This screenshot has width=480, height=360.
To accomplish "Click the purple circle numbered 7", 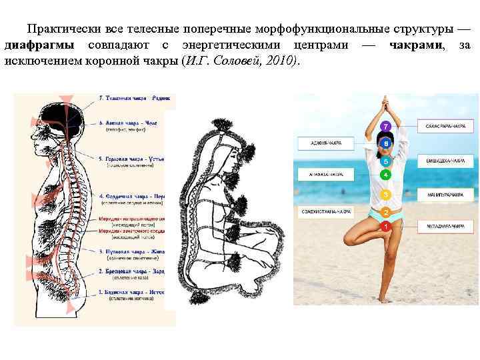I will [385, 125].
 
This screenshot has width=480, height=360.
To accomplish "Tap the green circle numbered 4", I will [385, 175].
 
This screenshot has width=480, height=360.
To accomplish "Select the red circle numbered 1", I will [385, 227].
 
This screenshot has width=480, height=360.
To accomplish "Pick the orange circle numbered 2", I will [385, 212].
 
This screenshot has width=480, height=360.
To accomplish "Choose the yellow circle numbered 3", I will [385, 194].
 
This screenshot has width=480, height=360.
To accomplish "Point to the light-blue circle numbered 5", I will [385, 161].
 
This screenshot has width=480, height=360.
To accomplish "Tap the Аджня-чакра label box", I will [326, 142].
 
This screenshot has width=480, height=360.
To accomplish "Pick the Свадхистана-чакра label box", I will [326, 212].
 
